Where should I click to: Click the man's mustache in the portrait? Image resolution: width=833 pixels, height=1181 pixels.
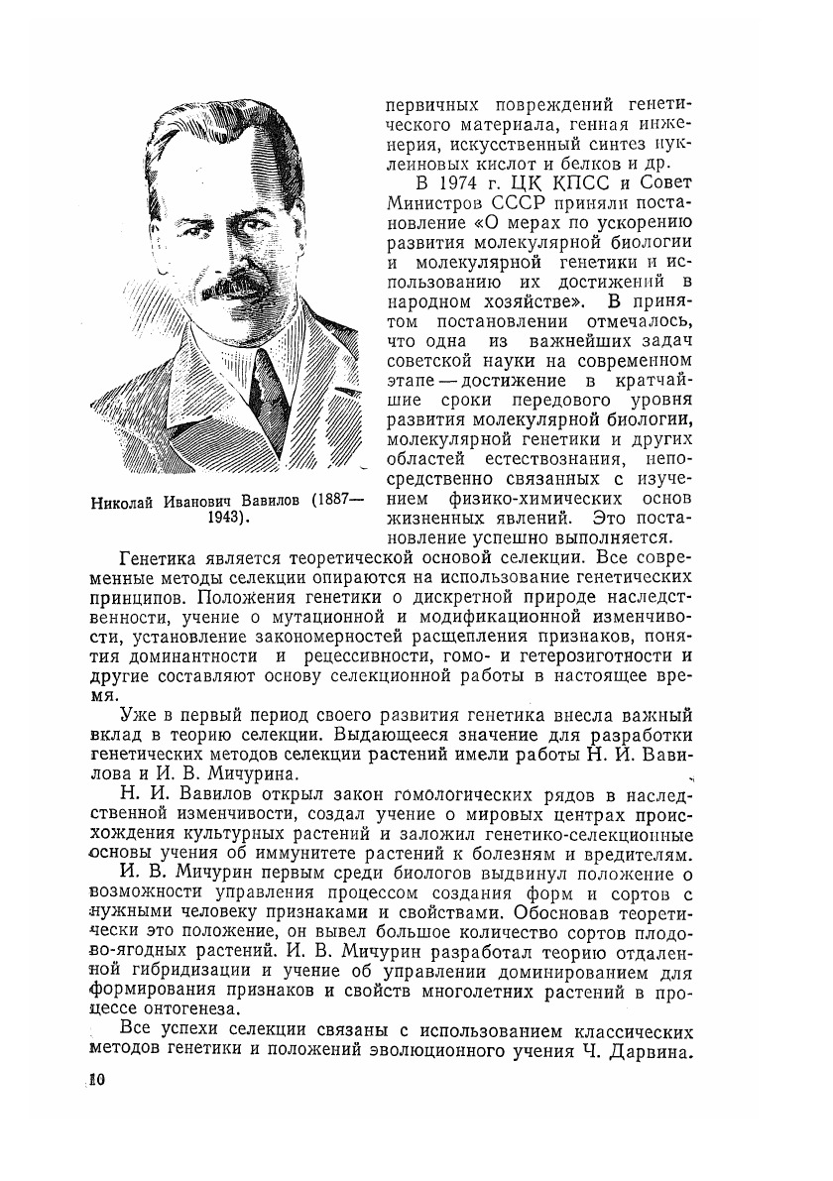click(x=234, y=285)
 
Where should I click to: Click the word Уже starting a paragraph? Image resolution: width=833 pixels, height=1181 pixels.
click(x=135, y=717)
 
